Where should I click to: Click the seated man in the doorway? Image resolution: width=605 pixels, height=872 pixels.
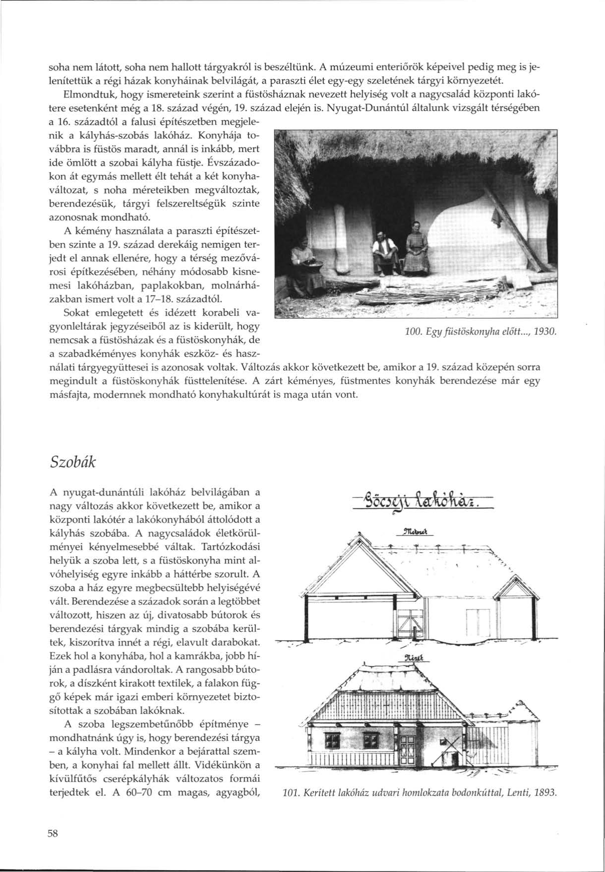coord(384,248)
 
